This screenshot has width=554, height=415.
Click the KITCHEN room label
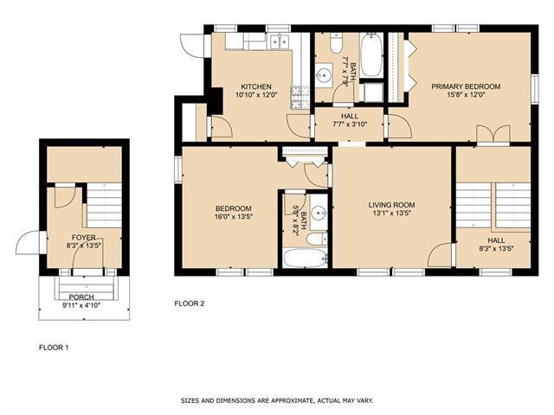pos(256,86)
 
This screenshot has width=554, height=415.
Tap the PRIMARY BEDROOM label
pos(466,86)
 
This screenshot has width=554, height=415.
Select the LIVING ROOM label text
pos(391,205)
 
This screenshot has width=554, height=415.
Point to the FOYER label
pos(84,238)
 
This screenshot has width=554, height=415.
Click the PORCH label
pos(81,297)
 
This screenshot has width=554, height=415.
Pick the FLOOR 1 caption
pos(54,348)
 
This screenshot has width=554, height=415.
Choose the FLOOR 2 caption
pos(190,303)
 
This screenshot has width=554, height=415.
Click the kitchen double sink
pos(279,41)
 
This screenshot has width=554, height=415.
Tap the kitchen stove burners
pos(300,97)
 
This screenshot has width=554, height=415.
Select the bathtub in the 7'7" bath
pos(371,54)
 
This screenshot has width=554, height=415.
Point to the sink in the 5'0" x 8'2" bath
pos(319,214)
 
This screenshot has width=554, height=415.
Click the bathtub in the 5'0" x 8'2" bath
pos(306,259)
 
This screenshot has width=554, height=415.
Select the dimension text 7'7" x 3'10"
pos(350,124)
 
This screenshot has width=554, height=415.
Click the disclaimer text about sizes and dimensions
pos(277,401)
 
